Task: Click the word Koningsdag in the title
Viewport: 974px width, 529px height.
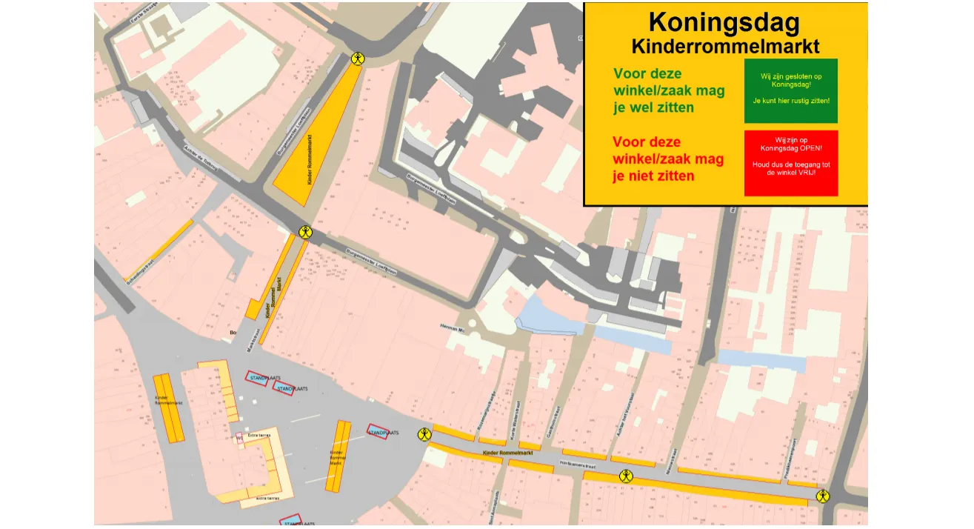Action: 724,23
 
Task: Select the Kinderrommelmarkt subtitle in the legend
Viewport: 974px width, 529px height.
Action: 725,47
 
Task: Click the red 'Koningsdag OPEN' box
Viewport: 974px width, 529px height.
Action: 790,163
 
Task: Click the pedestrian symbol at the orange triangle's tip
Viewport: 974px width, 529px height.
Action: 358,59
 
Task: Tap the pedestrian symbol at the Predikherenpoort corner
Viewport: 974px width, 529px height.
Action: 822,496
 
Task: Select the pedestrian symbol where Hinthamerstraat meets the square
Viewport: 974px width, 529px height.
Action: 424,435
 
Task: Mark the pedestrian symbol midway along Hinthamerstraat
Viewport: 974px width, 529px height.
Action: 627,476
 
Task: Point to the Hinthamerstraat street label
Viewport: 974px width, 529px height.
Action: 579,466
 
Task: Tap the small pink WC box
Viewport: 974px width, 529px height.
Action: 240,439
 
